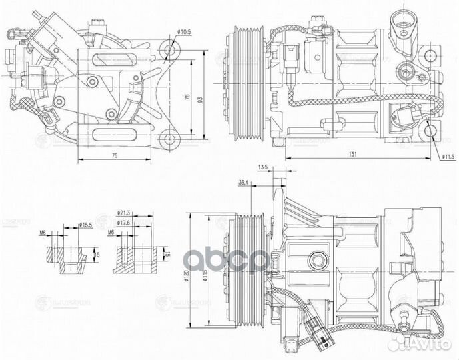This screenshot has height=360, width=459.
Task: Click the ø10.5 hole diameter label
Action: (x=185, y=32)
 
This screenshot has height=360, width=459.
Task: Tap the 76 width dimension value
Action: (x=114, y=155)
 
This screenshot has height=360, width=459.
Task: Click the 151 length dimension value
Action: (x=352, y=155)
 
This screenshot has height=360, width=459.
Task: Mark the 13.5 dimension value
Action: (x=262, y=168)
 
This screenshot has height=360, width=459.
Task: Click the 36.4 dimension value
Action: (x=243, y=181)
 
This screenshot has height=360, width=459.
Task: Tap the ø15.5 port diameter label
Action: (x=85, y=224)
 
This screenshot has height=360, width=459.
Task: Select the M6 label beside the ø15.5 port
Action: (x=43, y=233)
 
